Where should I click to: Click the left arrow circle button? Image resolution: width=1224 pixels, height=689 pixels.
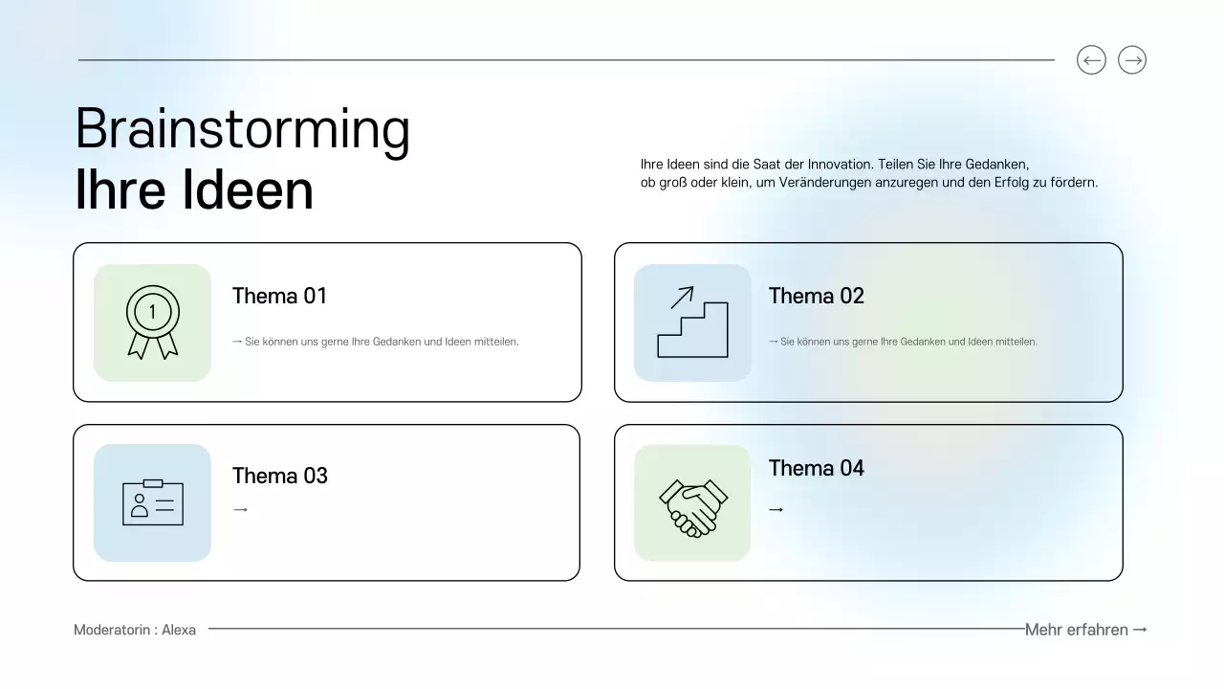tap(1091, 60)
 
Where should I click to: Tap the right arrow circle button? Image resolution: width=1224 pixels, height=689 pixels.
tap(1132, 60)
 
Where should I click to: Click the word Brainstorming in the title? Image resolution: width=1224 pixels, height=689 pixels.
tap(243, 129)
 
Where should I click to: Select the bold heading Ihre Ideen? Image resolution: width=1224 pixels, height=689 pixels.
tap(194, 190)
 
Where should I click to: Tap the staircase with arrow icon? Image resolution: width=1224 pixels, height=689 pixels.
tap(692, 322)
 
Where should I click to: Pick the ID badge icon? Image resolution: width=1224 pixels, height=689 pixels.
tap(152, 502)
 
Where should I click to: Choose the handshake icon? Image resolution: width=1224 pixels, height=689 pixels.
tap(692, 505)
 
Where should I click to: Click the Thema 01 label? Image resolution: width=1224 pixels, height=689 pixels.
tap(279, 297)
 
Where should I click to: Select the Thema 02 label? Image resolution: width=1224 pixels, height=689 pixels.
tap(816, 297)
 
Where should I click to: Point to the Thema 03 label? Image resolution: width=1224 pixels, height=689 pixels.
tap(279, 476)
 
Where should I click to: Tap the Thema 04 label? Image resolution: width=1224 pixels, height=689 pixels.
tap(816, 468)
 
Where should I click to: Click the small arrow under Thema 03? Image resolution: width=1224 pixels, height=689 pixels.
tap(240, 510)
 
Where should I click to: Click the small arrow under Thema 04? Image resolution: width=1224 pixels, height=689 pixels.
tap(776, 510)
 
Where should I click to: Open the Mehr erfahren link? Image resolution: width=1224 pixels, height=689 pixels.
tap(1085, 630)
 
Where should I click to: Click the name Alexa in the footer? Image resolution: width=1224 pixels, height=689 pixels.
tap(179, 630)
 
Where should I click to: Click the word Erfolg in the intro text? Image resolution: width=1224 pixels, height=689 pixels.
tap(1008, 182)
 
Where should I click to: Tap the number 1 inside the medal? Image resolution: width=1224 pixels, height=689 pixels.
tap(152, 310)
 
